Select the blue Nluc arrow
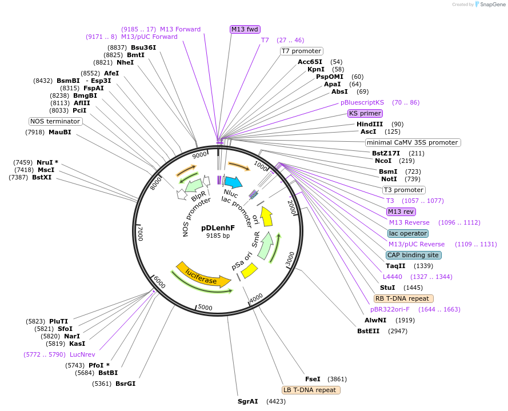[x=233, y=182]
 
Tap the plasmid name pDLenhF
[x=218, y=228]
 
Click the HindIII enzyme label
[x=370, y=124]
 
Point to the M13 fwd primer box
[x=245, y=29]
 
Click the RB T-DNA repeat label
[x=403, y=298]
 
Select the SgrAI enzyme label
[x=248, y=401]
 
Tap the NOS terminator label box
[x=55, y=121]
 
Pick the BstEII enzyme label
[x=369, y=331]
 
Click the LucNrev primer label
[x=82, y=354]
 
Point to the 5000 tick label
[x=205, y=307]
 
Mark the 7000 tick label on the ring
[x=140, y=233]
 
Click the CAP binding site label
[x=413, y=255]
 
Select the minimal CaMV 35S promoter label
[x=413, y=142]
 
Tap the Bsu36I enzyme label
[x=143, y=47]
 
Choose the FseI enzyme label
[x=313, y=379]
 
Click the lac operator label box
[x=408, y=233]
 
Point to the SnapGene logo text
[x=493, y=5]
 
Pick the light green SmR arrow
[x=266, y=246]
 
